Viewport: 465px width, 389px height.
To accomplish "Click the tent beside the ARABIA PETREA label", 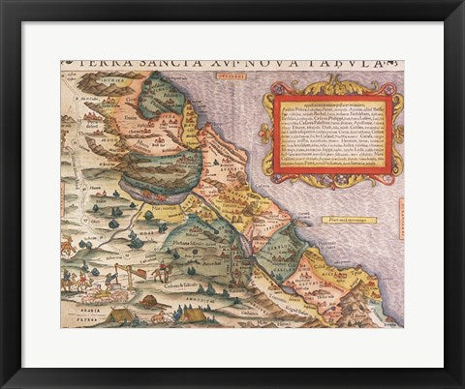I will point(122,314).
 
